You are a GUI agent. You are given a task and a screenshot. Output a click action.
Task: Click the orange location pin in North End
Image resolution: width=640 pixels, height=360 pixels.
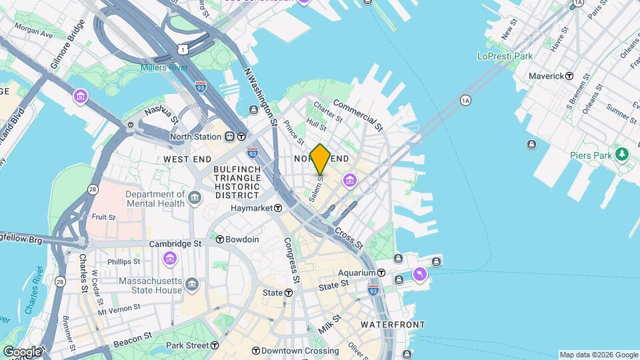320,159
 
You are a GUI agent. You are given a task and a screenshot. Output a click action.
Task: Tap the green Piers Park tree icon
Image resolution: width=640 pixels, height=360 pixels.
622,154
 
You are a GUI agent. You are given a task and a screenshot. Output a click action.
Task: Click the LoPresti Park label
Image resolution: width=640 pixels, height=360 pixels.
505,57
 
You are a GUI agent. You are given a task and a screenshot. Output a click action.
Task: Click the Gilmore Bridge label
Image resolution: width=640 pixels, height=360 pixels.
67,45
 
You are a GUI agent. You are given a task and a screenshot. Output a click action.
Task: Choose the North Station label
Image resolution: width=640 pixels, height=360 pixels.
195,137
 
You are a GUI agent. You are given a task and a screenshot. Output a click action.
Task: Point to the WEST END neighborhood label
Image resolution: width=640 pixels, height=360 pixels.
187,159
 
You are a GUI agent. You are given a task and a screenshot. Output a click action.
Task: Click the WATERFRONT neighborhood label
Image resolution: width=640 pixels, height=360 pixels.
393,325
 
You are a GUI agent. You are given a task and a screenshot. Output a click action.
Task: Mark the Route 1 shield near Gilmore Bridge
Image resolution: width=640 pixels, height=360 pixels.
182,49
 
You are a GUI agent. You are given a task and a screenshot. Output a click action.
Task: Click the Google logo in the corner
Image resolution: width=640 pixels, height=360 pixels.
22,351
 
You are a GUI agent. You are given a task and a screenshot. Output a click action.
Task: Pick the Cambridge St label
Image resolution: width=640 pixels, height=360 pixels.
175,244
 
